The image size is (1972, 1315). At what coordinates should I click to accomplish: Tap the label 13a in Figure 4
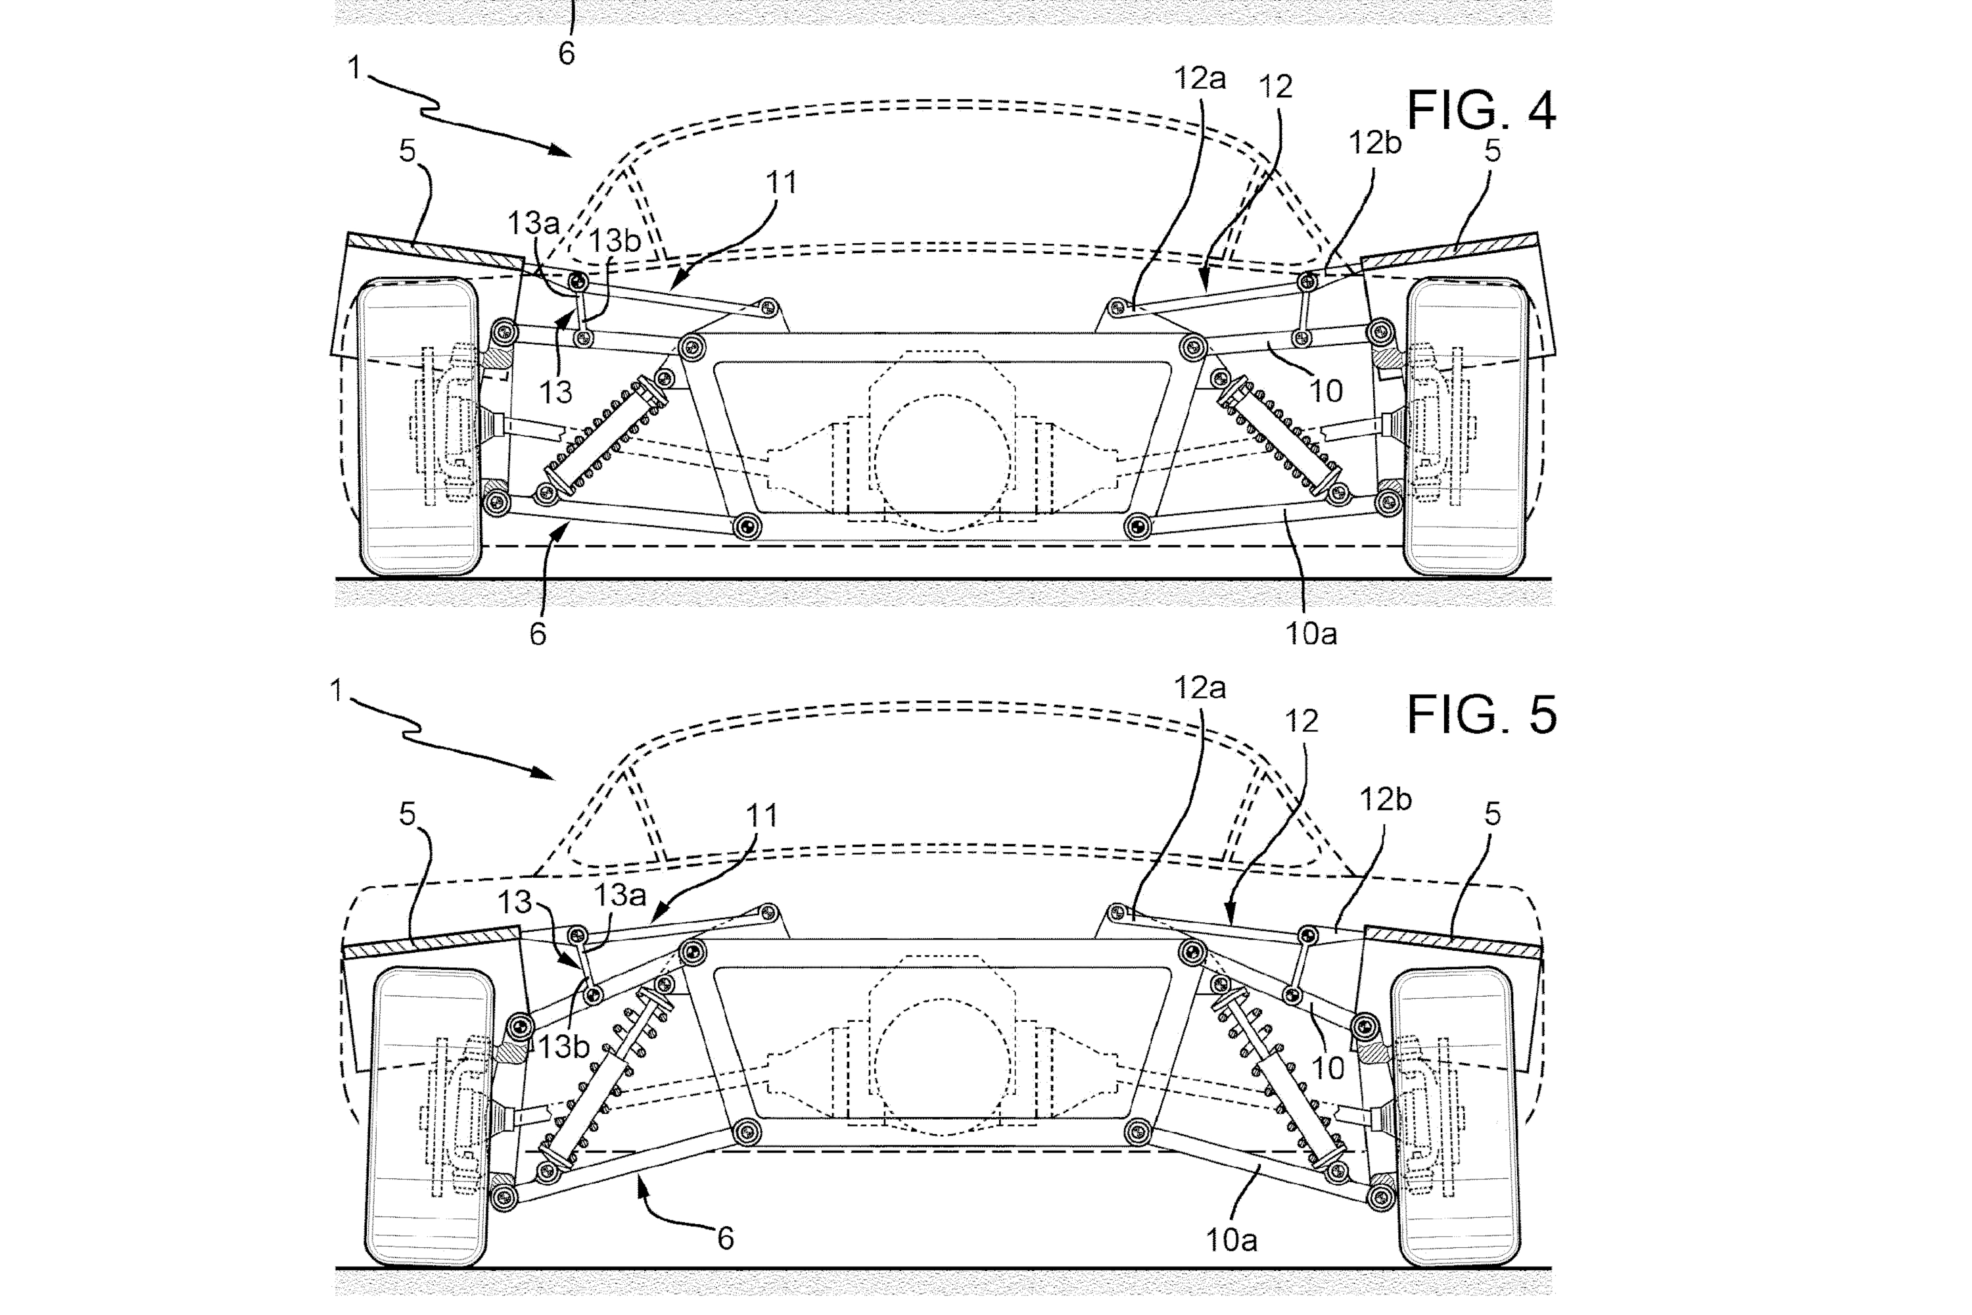(x=532, y=223)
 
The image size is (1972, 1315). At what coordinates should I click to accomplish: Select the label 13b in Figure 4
(x=614, y=241)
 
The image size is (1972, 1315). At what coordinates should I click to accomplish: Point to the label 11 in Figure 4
(x=781, y=182)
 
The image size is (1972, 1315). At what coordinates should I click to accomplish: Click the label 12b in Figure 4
(x=1374, y=143)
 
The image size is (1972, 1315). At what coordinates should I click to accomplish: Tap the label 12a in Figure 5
(x=1199, y=688)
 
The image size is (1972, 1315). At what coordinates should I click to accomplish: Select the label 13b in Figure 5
(x=563, y=1047)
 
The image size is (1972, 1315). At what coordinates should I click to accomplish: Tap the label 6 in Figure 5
(x=725, y=1238)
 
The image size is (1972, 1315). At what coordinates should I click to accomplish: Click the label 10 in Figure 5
(x=1326, y=1068)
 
